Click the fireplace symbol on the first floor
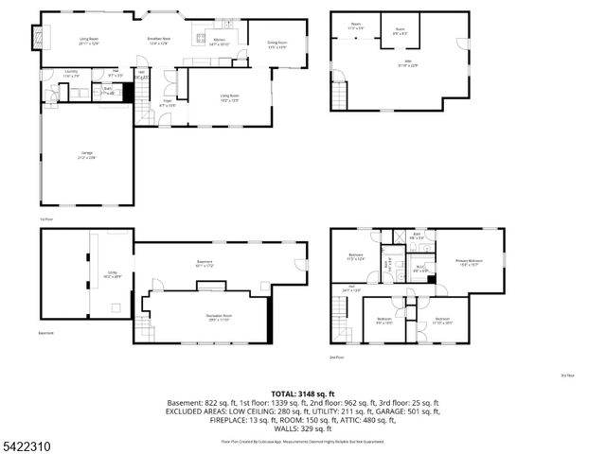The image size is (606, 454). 38,37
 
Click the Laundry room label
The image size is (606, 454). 71,73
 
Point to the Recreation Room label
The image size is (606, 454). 220,316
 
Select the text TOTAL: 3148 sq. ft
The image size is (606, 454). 302,393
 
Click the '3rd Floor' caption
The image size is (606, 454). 567,375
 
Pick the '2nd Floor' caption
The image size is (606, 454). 336,358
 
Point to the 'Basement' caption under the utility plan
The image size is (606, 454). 45,333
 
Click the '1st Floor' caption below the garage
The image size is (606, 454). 45,218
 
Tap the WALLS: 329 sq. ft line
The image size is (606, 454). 302,428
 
